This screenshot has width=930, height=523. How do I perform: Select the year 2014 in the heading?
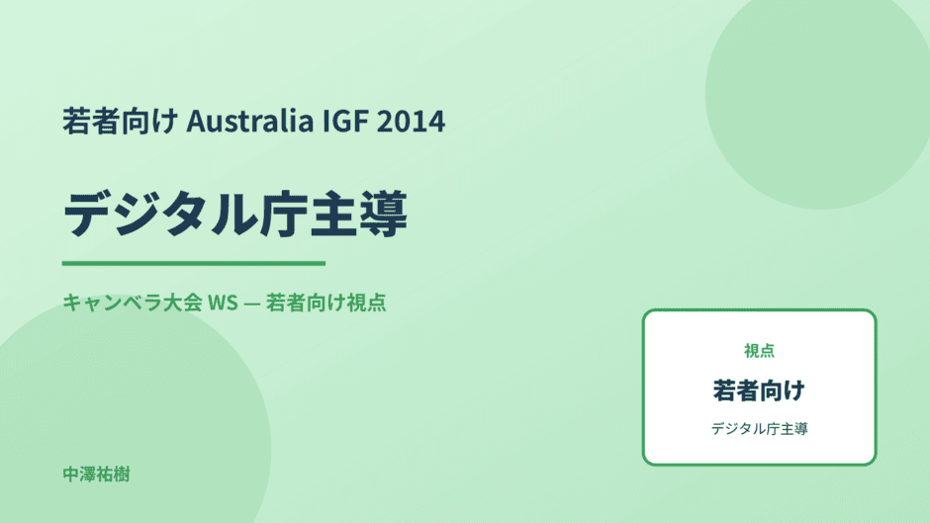pos(411,121)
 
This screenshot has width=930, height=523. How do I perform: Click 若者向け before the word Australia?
pos(120,121)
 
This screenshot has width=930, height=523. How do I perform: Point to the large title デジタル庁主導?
pos(235,215)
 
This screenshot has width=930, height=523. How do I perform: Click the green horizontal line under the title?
pos(194,263)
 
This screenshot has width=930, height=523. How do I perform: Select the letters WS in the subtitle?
pos(223,303)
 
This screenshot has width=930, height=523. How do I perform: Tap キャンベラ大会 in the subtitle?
pos(133,303)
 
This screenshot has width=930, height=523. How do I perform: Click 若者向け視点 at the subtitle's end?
pos(325,303)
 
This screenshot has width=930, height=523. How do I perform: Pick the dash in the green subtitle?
pos(251,303)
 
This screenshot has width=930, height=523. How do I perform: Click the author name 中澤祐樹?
pos(96,475)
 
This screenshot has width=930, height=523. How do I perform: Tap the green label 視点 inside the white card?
pos(759,351)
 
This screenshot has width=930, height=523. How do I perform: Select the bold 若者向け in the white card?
pos(759,391)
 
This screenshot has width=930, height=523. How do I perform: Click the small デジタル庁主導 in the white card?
pos(759,429)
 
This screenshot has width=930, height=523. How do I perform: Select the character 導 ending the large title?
pos(383,215)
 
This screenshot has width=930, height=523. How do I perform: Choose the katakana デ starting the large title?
pos(87,215)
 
